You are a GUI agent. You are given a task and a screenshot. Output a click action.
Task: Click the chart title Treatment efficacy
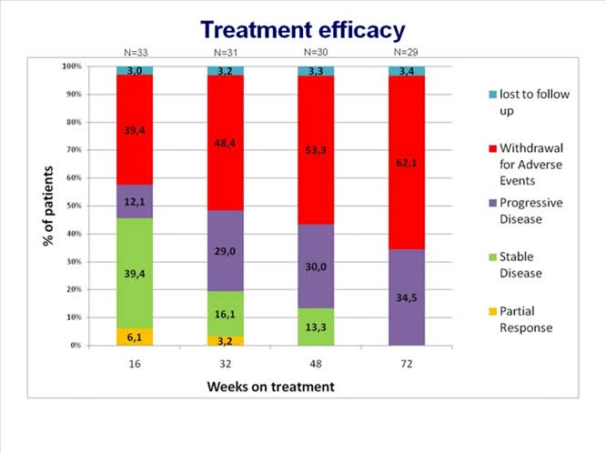(302, 29)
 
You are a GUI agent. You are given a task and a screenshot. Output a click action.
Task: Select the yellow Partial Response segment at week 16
(135, 337)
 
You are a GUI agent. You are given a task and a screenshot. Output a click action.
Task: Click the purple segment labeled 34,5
(406, 297)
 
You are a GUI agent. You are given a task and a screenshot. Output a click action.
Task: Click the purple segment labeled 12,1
(135, 201)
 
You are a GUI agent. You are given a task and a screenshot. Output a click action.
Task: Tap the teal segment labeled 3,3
(316, 71)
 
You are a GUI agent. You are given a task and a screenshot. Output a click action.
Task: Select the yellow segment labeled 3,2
(225, 341)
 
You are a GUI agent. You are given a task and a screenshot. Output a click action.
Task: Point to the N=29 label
(406, 52)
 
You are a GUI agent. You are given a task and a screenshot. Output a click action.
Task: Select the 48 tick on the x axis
(316, 361)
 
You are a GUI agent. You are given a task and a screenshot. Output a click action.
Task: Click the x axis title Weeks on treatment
(270, 387)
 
